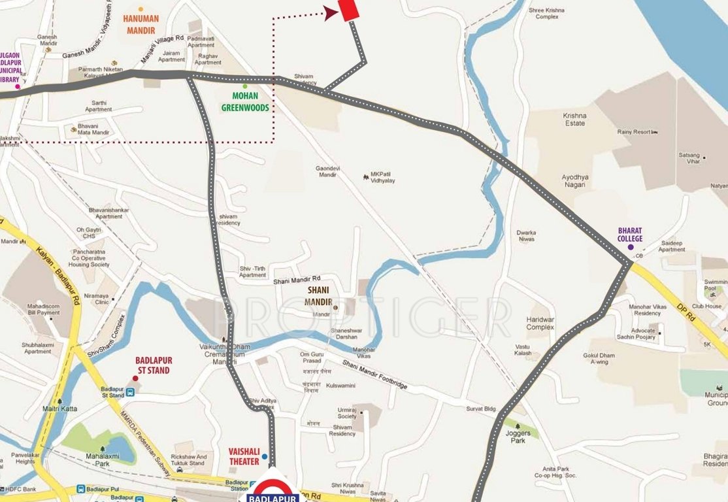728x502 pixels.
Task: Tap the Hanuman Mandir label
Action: pos(139,25)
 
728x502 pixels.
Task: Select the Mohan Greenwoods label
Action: pos(245,102)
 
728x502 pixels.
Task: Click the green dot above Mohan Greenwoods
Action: pos(245,86)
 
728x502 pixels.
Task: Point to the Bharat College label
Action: pos(630,235)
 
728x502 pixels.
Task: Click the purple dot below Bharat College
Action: pos(630,247)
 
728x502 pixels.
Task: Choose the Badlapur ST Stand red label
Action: pos(152,365)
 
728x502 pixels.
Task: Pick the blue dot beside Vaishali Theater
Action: pos(264,456)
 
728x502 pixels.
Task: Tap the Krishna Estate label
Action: pos(574,119)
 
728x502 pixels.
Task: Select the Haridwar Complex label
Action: pos(540,323)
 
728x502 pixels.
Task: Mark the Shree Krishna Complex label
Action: pos(546,13)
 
